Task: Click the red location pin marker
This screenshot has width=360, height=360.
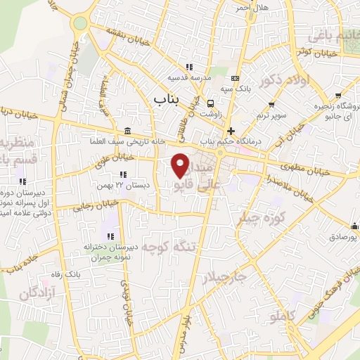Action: [x=181, y=165]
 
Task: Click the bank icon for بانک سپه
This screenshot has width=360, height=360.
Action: [x=235, y=79]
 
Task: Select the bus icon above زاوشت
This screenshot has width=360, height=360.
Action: [x=210, y=102]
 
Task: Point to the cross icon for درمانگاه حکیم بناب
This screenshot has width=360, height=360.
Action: [x=231, y=131]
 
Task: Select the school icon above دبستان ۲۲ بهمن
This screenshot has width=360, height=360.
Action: [x=122, y=174]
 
